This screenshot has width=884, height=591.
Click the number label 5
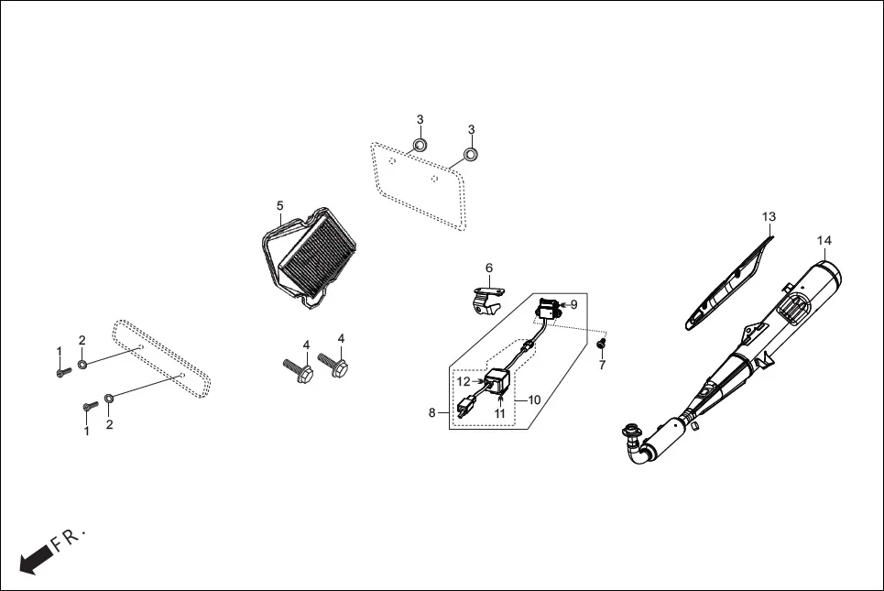pyautogui.click(x=280, y=205)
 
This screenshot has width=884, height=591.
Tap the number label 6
pyautogui.click(x=489, y=268)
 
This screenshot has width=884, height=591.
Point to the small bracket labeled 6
pyautogui.click(x=487, y=300)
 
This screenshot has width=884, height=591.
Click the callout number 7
pyautogui.click(x=602, y=366)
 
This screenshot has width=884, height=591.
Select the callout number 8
pyautogui.click(x=432, y=413)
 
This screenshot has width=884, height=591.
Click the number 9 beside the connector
pyautogui.click(x=573, y=305)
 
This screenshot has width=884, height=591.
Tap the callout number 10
pyautogui.click(x=535, y=399)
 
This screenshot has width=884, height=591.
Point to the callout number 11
pyautogui.click(x=500, y=413)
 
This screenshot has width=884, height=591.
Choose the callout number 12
pyautogui.click(x=464, y=381)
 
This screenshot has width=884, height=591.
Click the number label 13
pyautogui.click(x=769, y=216)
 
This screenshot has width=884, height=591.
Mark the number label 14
pyautogui.click(x=824, y=240)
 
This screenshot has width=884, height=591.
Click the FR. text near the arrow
pyautogui.click(x=68, y=539)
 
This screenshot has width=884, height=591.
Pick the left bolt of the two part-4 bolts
pyautogui.click(x=299, y=370)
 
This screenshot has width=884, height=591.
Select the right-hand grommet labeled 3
pyautogui.click(x=471, y=154)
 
